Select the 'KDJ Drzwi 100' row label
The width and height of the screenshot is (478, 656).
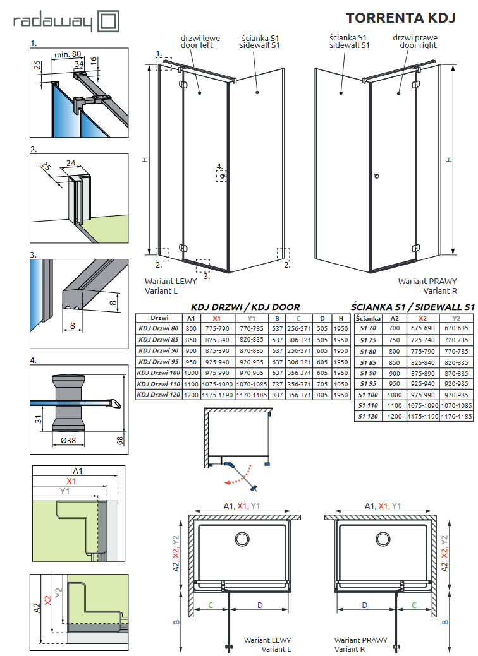click(159, 373)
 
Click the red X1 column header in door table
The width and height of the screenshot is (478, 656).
click(216, 318)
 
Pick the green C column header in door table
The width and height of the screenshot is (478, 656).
click(298, 318)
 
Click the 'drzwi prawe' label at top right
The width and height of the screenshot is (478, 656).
click(415, 38)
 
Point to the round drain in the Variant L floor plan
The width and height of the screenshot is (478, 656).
click(242, 539)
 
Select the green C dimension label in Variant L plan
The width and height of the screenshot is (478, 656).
click(209, 605)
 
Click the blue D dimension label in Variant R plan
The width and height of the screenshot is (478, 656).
click(365, 605)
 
